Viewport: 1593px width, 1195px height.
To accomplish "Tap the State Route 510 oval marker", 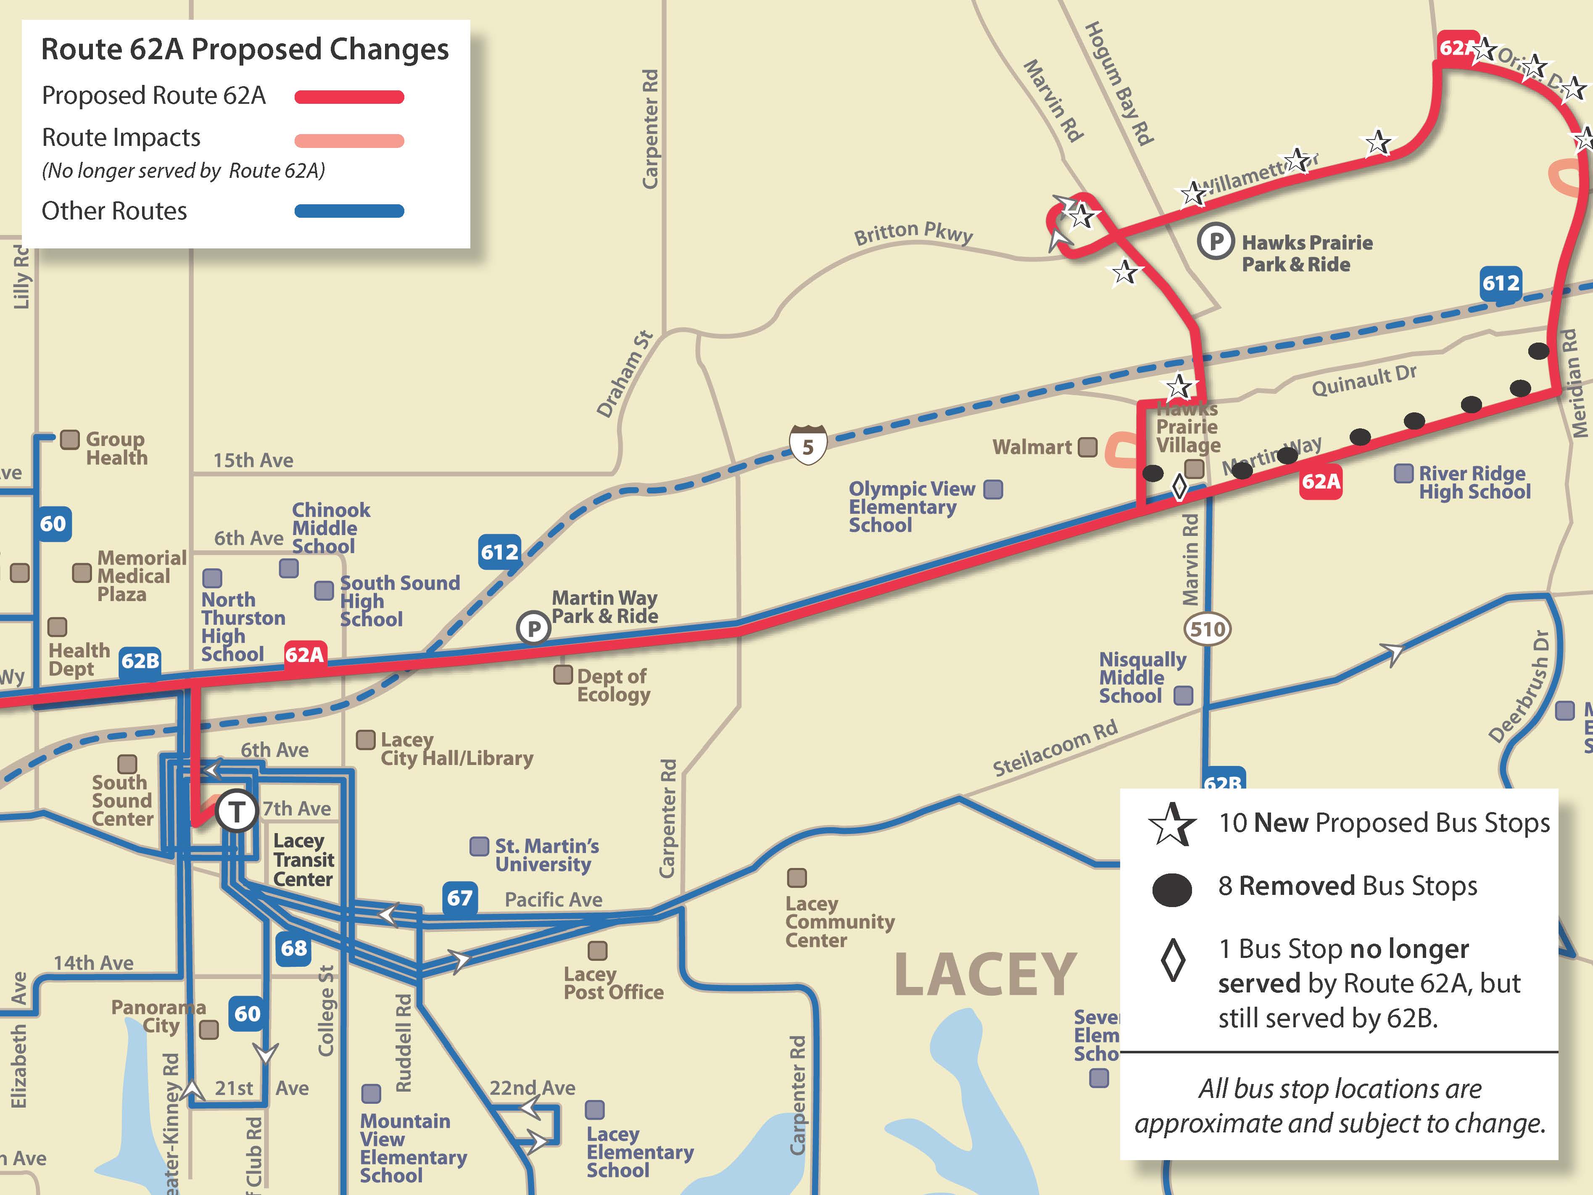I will click(1207, 629).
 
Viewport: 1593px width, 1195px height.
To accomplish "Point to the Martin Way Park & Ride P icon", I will click(534, 628).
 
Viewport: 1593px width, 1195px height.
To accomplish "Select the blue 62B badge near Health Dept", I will click(140, 660).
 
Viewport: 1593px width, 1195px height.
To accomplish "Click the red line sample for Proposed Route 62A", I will click(349, 97).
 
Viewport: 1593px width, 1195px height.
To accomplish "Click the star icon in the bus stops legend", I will click(1172, 824).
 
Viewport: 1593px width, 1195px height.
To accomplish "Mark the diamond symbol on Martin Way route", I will click(1179, 487).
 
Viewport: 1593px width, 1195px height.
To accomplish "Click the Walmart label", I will click(1031, 447).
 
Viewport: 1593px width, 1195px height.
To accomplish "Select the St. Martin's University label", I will click(546, 855).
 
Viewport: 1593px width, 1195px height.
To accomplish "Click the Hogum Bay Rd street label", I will click(1119, 83).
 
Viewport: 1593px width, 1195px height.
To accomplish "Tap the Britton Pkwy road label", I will click(913, 233).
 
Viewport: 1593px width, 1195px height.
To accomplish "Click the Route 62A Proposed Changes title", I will click(245, 50).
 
